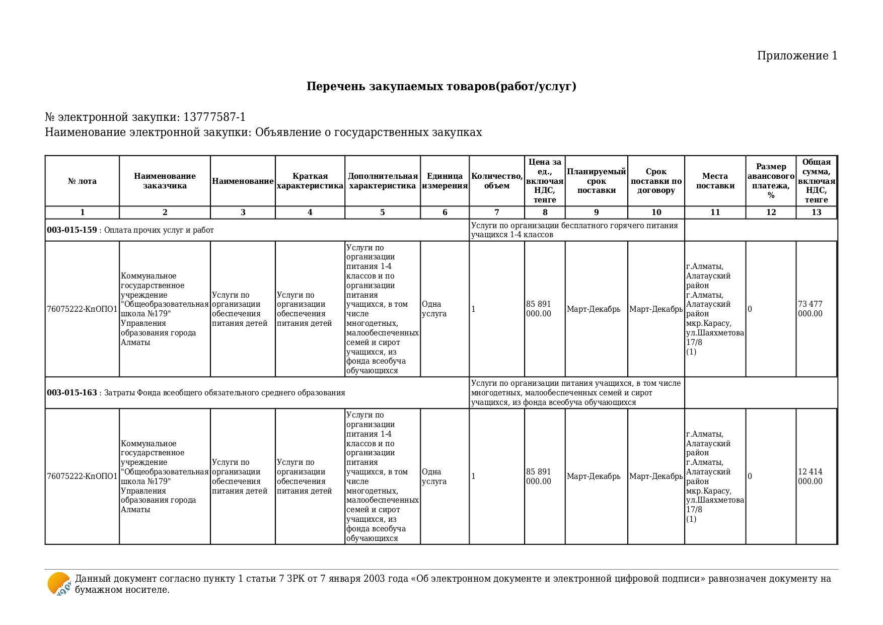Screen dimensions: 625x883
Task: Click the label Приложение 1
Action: coord(797,56)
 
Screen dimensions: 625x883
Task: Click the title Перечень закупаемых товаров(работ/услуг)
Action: coord(441,87)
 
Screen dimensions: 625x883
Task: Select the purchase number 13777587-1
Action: coord(214,117)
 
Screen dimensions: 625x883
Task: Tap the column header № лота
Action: coord(82,181)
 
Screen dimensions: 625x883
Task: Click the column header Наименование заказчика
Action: coord(165,181)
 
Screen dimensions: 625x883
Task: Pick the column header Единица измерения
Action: coord(445,181)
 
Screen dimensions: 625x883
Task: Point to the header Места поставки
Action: coord(715,181)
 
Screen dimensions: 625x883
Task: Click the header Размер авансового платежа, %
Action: coord(771,181)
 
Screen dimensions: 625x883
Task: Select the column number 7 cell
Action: coord(496,213)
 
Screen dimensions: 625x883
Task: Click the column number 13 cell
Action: coord(816,213)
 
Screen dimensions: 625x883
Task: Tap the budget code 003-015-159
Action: coord(72,230)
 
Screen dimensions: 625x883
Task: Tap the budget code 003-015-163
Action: coord(72,393)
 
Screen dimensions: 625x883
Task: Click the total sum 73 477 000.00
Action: coord(810,309)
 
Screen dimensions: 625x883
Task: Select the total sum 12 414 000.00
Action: coord(810,476)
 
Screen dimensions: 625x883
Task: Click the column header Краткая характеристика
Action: coord(310,181)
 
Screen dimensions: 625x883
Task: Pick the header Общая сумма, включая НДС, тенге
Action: coord(816,181)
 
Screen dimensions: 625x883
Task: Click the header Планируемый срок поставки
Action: coord(596,181)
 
